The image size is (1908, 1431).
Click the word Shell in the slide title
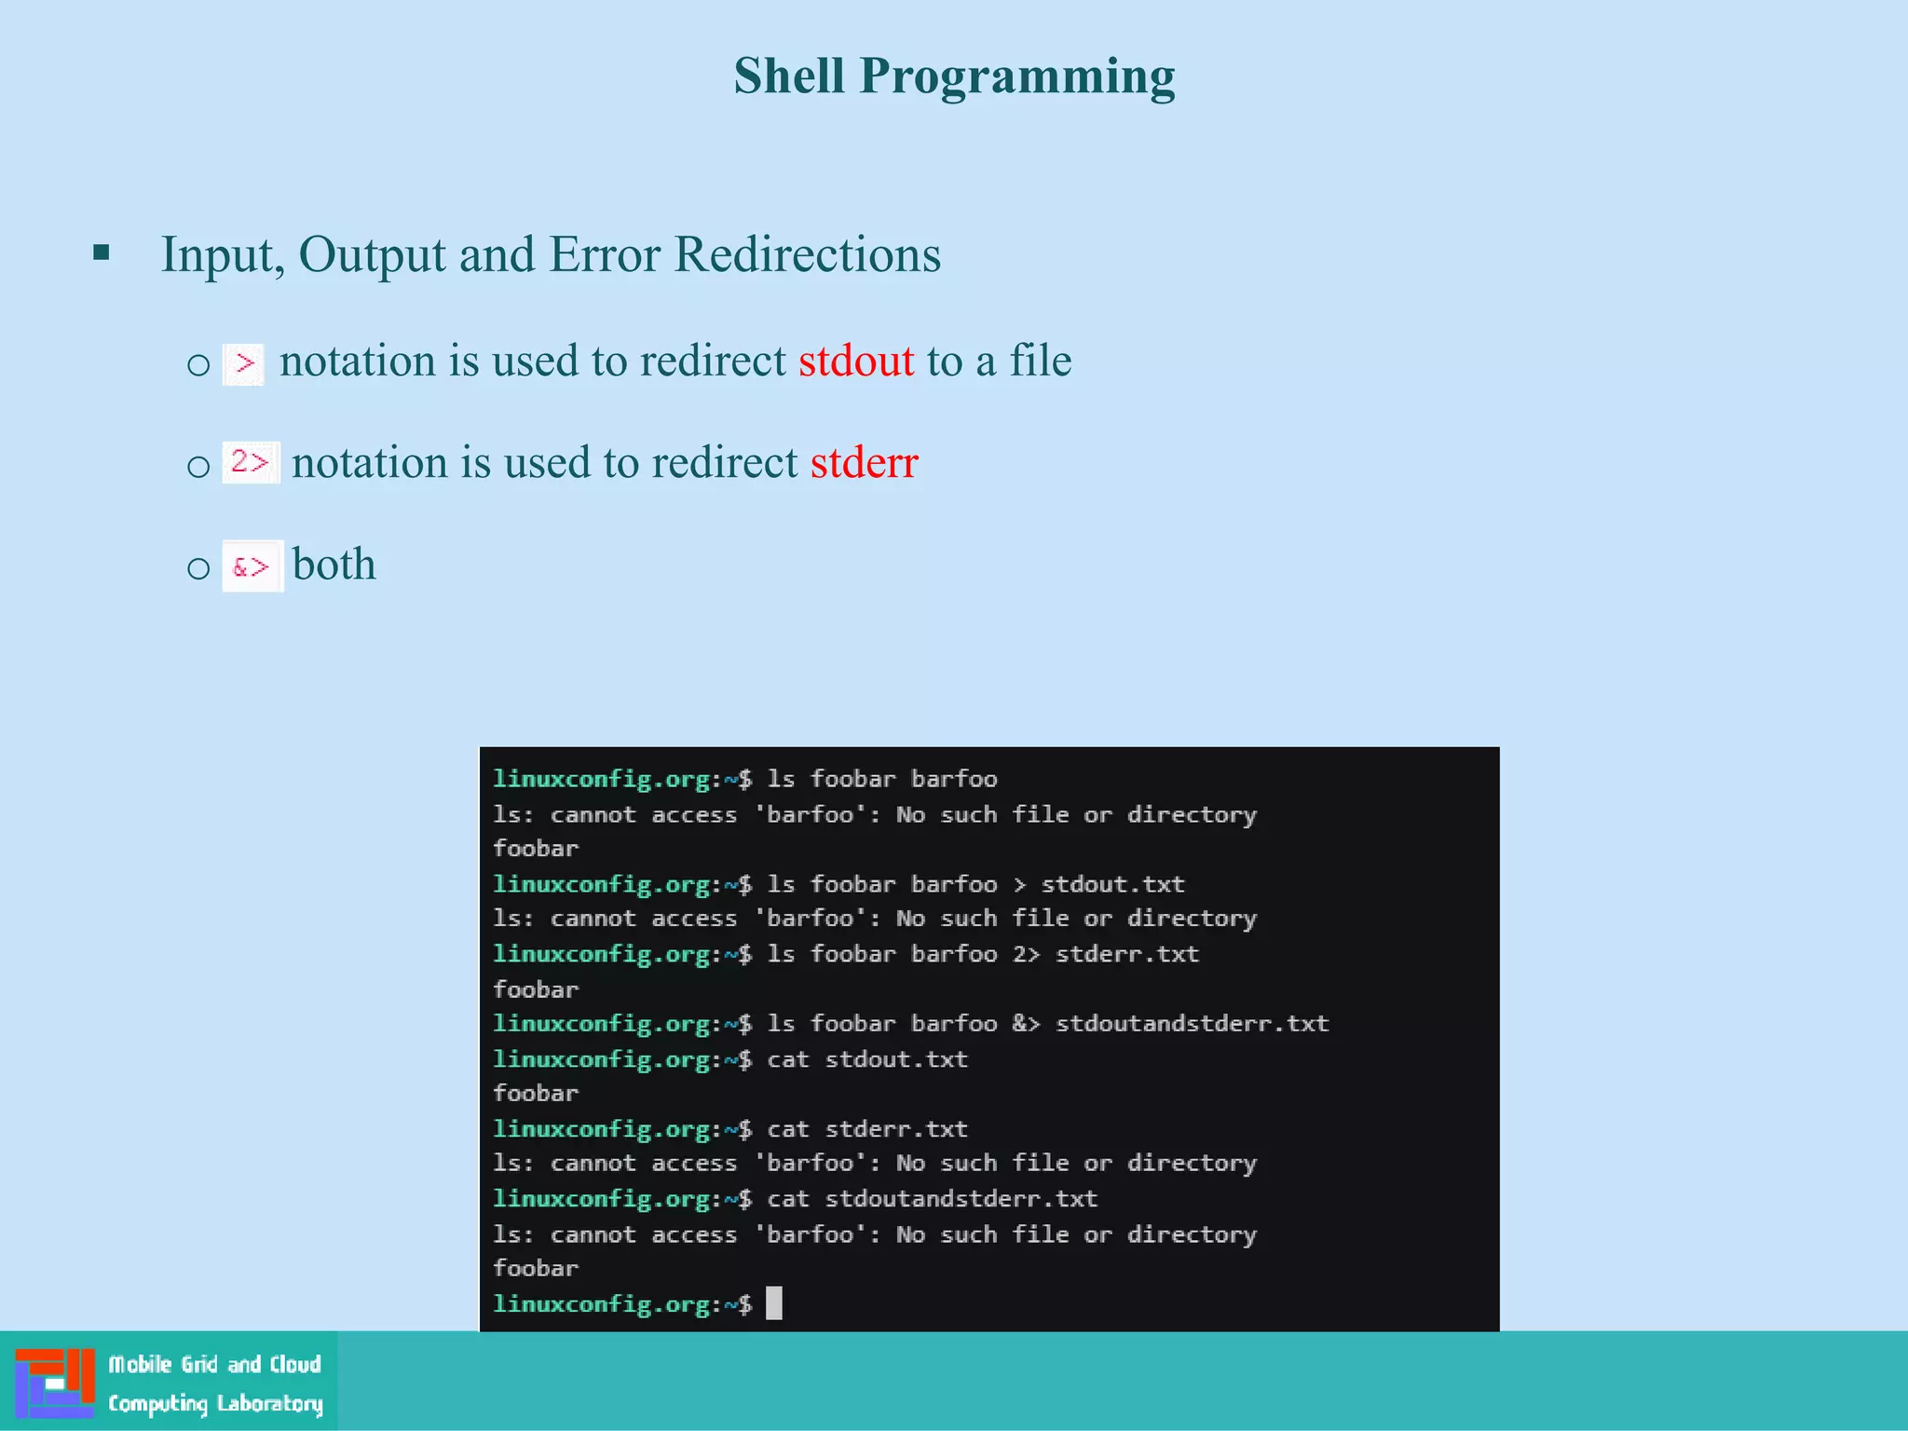[x=788, y=76]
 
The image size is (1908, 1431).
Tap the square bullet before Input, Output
[x=102, y=252]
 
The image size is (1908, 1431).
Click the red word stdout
[x=856, y=361]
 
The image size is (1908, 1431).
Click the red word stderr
[x=864, y=463]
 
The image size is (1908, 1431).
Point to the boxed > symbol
[x=244, y=363]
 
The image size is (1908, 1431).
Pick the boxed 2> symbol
[x=250, y=462]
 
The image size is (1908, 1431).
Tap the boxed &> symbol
[x=252, y=566]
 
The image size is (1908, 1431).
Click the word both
[x=334, y=565]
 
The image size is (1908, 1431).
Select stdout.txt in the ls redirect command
[x=1112, y=883]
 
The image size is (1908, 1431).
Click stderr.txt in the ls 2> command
[x=1126, y=953]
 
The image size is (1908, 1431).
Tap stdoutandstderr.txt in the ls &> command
[x=1192, y=1023]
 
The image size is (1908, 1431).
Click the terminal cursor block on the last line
[x=773, y=1302]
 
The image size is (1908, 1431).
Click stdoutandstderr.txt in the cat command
[x=961, y=1198]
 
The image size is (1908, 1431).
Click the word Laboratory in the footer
[x=269, y=1403]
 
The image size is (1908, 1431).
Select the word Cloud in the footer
[x=294, y=1365]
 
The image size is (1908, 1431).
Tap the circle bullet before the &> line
[x=198, y=567]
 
